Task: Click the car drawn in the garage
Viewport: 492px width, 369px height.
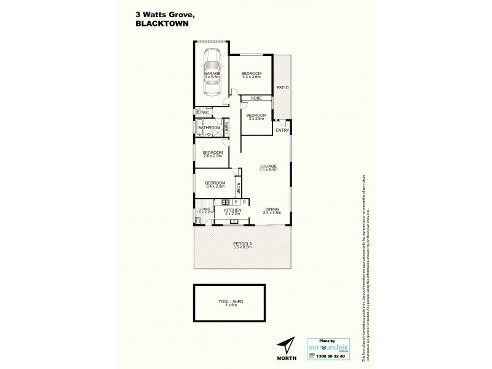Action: point(210,73)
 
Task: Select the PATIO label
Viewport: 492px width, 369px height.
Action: point(283,88)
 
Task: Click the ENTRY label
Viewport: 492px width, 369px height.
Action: point(282,130)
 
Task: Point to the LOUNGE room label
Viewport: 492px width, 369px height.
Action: point(268,165)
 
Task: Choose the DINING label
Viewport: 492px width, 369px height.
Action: point(272,209)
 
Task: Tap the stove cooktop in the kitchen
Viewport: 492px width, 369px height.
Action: point(226,202)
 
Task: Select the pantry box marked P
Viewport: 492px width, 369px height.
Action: point(236,202)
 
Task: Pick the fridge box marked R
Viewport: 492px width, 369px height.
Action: point(244,202)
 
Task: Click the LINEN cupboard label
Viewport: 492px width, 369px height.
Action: point(226,128)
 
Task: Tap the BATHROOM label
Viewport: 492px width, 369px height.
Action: point(208,128)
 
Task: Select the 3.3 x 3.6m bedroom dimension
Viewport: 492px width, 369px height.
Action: point(251,77)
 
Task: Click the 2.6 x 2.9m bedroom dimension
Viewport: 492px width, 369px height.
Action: point(212,156)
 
